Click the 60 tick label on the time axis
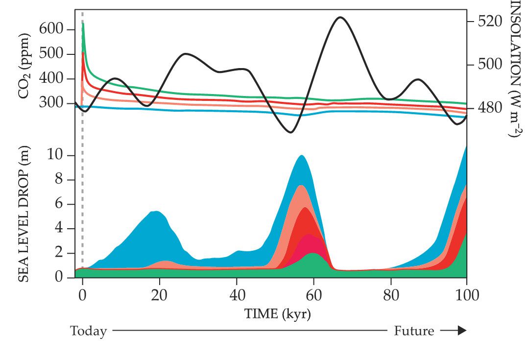(313, 295)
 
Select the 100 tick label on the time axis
(466, 295)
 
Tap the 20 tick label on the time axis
(160, 295)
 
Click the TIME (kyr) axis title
(277, 313)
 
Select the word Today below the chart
(89, 331)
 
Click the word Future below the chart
(414, 331)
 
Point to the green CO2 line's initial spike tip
(83, 23)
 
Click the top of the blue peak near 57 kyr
(301, 156)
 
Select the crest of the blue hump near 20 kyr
(156, 211)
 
